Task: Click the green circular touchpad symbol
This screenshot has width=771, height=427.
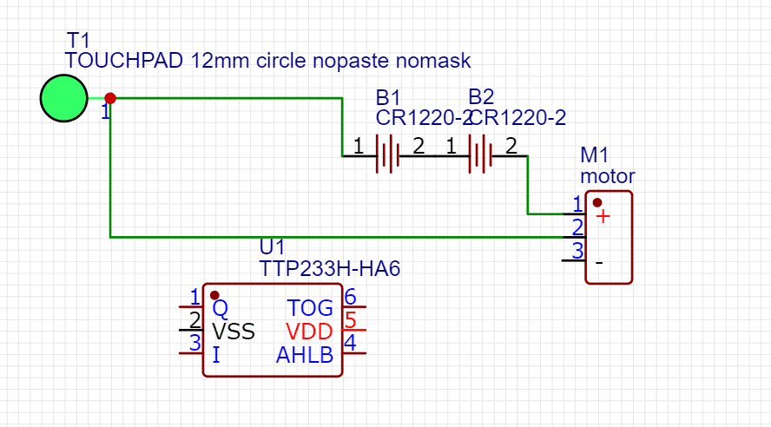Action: (x=63, y=98)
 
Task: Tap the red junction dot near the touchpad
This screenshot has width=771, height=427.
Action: (x=110, y=98)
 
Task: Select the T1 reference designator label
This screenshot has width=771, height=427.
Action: (x=78, y=40)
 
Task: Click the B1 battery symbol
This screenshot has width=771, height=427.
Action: (x=387, y=155)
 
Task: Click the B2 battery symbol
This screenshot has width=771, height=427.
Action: (x=480, y=155)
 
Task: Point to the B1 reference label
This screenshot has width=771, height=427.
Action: (x=388, y=96)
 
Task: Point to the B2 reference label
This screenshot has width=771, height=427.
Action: (x=481, y=96)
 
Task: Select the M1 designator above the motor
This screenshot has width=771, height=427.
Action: (x=595, y=156)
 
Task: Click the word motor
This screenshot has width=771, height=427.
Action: (x=607, y=176)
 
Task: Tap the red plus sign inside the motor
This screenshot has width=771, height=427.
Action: (x=603, y=216)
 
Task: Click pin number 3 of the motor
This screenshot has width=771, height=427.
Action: (x=577, y=251)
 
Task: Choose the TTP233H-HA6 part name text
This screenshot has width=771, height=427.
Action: (x=329, y=268)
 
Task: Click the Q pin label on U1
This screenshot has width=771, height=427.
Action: (x=220, y=308)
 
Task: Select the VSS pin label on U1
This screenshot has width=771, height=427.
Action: (x=234, y=332)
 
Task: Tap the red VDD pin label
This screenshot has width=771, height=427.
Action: (x=310, y=332)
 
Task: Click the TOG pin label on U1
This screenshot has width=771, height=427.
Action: (x=310, y=308)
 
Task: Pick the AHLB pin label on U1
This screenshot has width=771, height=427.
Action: (x=305, y=355)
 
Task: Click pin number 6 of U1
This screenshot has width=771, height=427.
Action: (x=351, y=297)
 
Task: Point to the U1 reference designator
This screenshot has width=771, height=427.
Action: (x=272, y=247)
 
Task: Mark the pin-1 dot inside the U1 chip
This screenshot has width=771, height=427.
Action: (x=214, y=295)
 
